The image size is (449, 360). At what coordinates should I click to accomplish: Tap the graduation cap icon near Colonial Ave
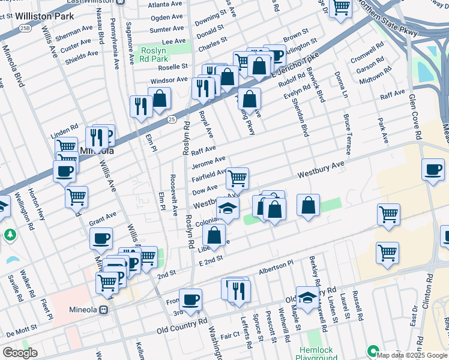(228, 208)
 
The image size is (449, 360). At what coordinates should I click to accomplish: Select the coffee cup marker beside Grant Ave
(101, 238)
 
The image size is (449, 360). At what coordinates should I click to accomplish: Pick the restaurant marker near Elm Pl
(141, 106)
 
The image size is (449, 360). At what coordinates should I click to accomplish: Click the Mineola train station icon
(104, 310)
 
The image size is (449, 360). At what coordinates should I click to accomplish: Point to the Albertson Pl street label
(276, 266)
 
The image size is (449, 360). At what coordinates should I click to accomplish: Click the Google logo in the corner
(20, 353)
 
